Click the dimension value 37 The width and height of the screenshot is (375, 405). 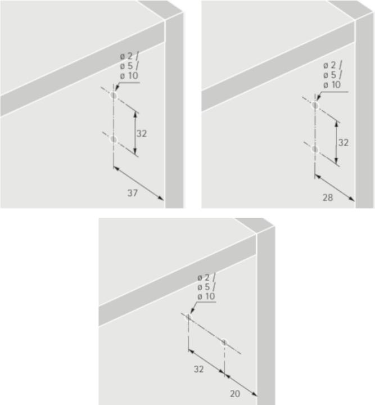coord(132,193)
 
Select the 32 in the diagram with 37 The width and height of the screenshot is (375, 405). coord(142,134)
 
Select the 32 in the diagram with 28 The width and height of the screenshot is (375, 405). coord(344,143)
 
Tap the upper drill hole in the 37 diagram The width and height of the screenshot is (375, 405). coord(114,96)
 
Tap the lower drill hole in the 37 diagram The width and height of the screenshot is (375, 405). coord(114,139)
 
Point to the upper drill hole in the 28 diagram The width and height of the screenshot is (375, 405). coord(315,105)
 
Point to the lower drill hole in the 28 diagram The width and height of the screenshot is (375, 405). coord(315,149)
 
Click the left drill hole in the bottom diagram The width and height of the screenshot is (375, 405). coord(188,318)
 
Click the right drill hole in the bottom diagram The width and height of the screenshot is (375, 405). coord(224,341)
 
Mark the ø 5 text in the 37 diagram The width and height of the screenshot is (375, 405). coord(126,66)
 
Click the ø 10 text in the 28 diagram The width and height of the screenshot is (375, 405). coord(332,84)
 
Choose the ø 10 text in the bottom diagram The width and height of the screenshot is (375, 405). coord(206,296)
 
